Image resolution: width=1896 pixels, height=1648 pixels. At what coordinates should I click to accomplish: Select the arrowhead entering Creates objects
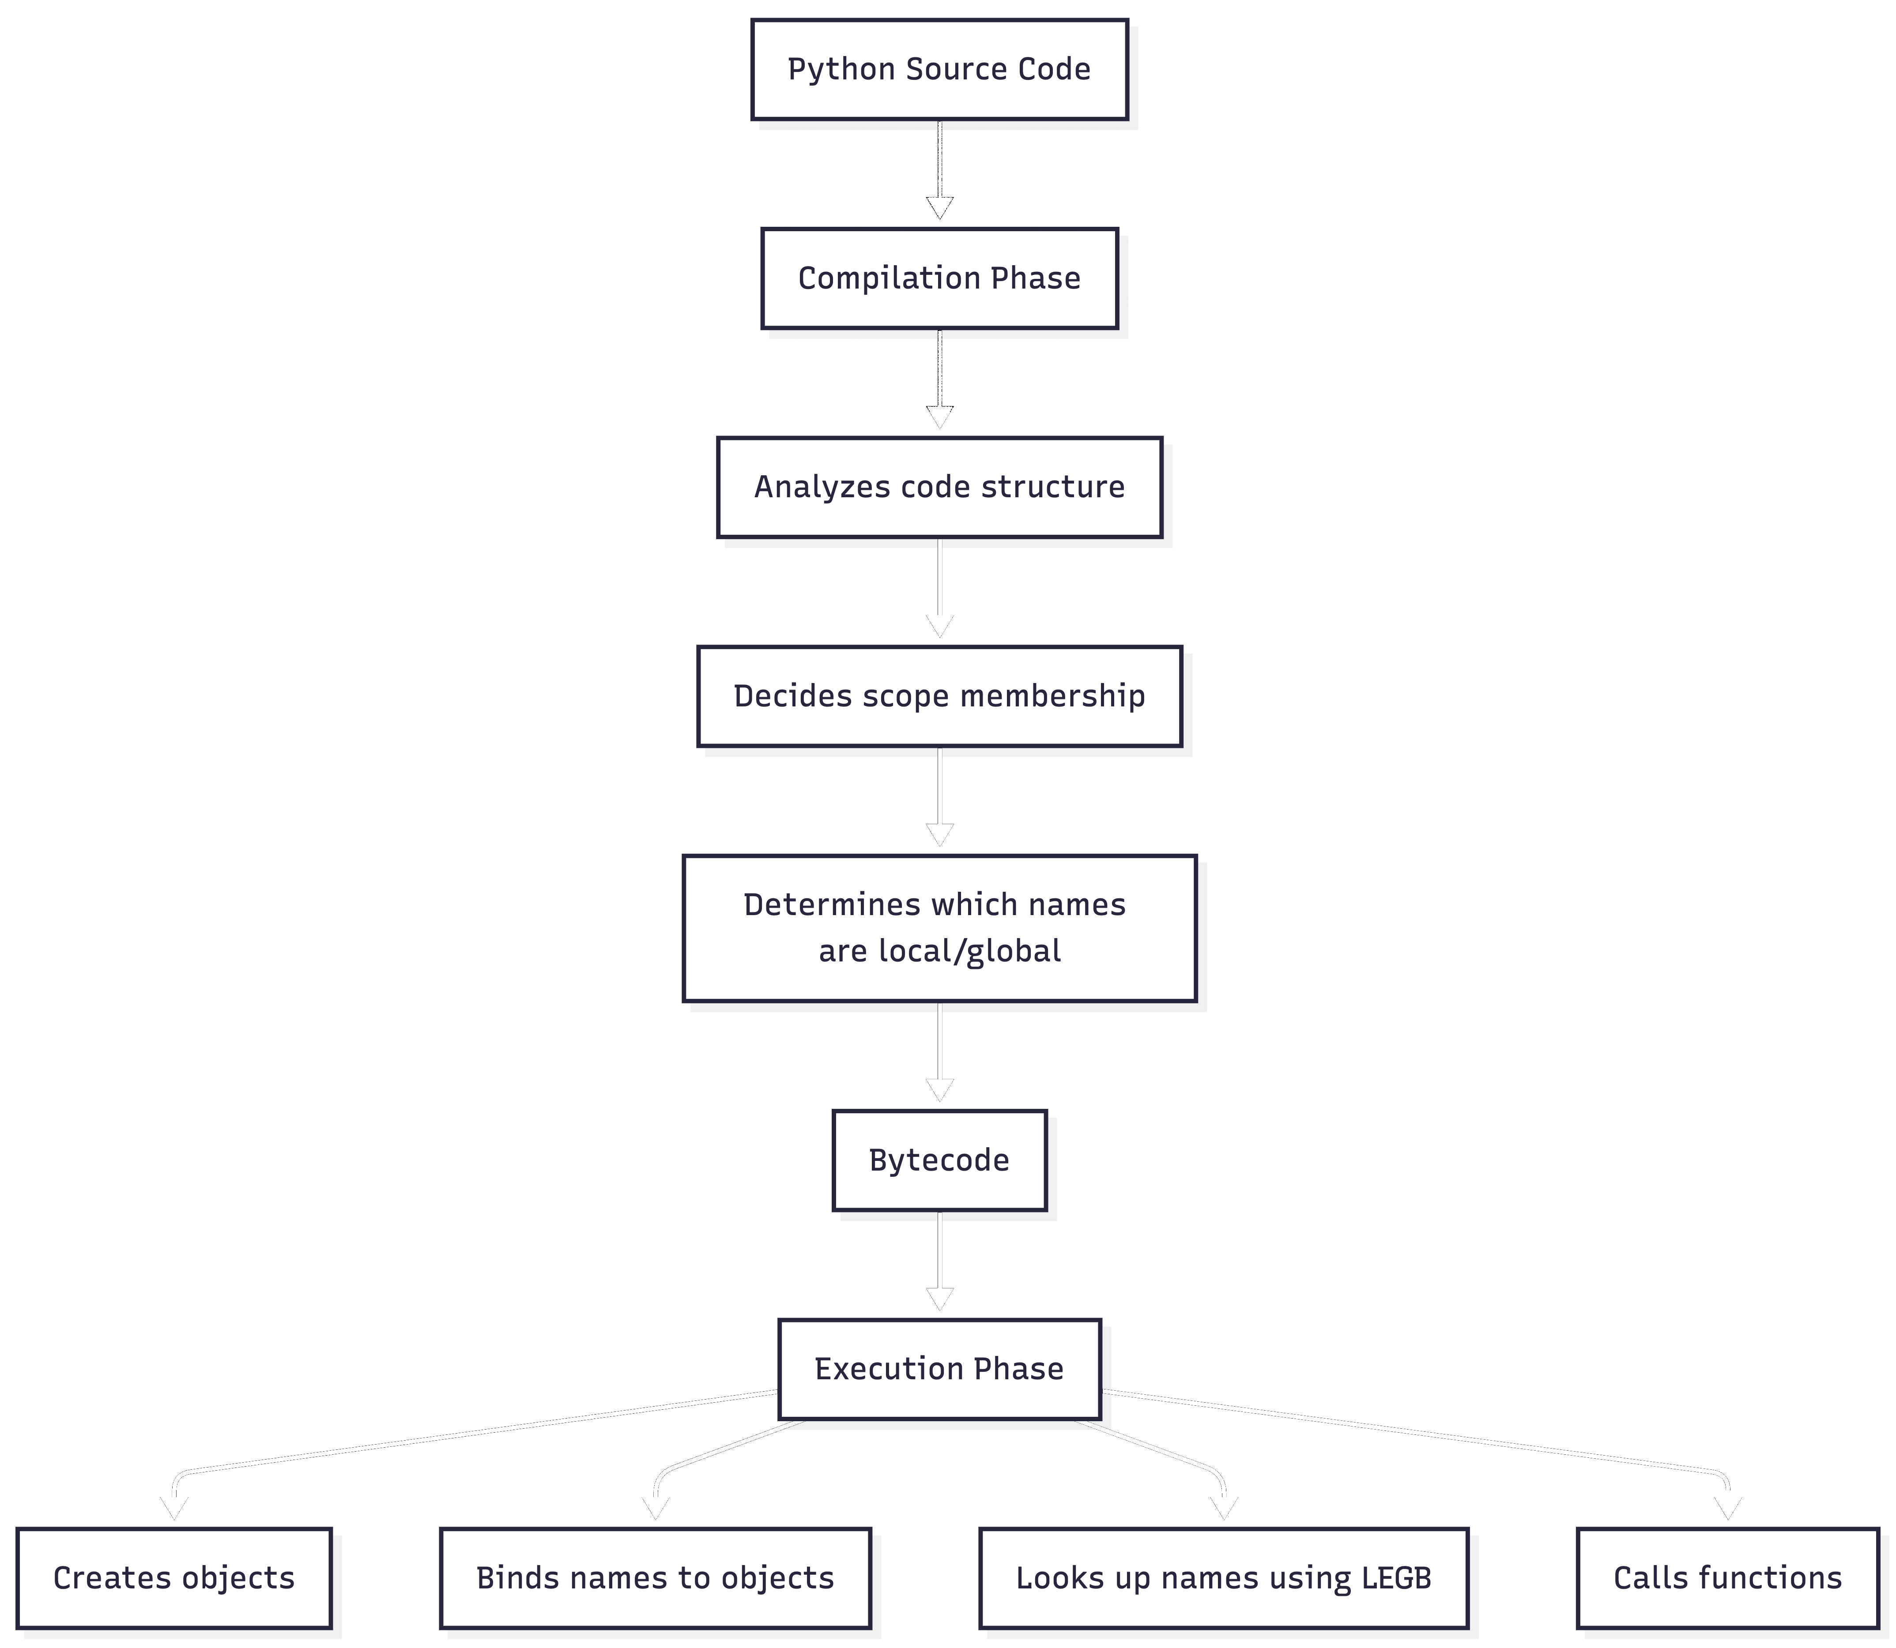click(174, 1508)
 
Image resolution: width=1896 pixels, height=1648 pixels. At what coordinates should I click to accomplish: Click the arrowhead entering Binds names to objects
click(655, 1508)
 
